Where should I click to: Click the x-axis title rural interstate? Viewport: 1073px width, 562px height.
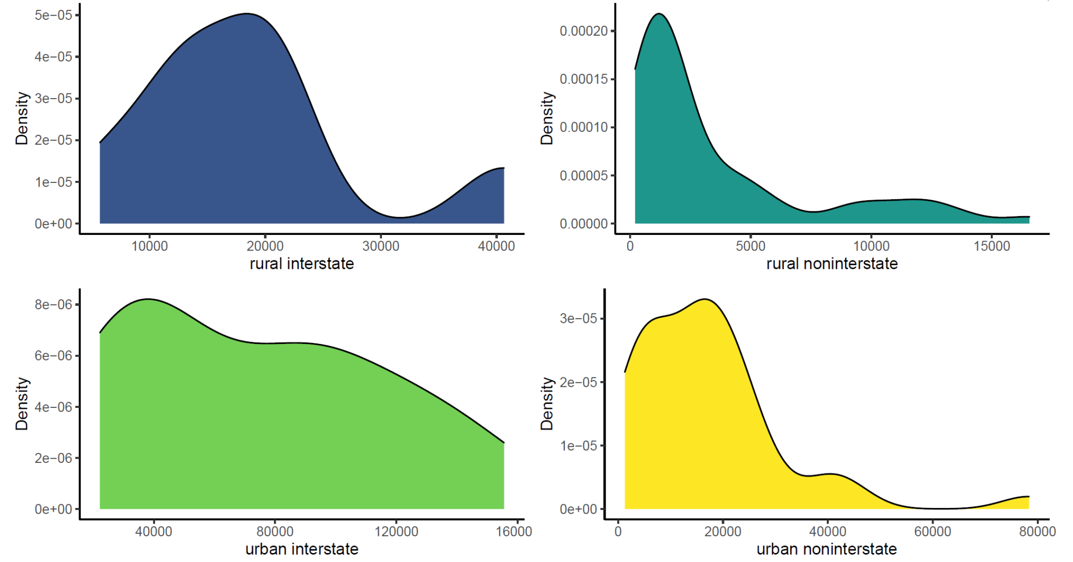point(302,264)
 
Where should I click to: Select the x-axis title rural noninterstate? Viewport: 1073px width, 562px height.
point(831,264)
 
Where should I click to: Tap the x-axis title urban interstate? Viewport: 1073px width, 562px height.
point(302,549)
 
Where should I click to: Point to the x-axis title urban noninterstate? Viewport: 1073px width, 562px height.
point(826,549)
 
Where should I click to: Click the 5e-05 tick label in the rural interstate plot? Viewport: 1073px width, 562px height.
point(53,15)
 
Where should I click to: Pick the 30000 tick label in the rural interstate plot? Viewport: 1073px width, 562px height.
point(381,246)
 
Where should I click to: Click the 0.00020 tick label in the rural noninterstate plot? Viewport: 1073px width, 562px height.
point(584,31)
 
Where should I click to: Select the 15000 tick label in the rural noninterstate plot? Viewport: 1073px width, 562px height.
point(992,246)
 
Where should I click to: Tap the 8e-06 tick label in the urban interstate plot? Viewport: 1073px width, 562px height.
point(53,305)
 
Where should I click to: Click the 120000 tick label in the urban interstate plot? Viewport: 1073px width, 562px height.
point(396,532)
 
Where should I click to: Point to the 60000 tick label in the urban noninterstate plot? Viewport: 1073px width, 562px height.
point(933,532)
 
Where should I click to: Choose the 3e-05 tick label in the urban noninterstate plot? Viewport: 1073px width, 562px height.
point(578,319)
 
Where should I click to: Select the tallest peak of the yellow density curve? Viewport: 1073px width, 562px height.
point(705,299)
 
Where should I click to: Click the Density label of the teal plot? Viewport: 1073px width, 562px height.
point(547,118)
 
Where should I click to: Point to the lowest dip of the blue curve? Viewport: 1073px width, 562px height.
point(400,217)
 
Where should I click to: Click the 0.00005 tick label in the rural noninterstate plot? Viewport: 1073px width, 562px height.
point(584,176)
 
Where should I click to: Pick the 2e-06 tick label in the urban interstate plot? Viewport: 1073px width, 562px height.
point(53,458)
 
